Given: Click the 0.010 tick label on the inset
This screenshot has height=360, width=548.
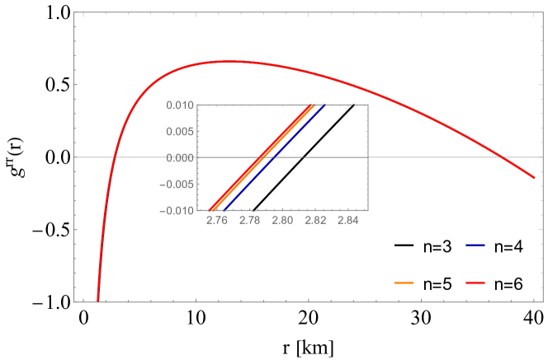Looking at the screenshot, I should click(x=178, y=105).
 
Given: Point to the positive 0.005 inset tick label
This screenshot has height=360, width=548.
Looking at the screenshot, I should click(x=178, y=131).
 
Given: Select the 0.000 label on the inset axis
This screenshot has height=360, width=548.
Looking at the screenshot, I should click(x=178, y=157).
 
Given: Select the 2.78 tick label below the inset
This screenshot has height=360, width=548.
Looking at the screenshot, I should click(x=249, y=221).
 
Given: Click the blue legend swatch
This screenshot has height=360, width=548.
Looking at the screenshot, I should click(x=475, y=245).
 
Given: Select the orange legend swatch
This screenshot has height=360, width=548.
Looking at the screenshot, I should click(x=404, y=283).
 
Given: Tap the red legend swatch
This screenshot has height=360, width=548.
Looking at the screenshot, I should click(x=475, y=283).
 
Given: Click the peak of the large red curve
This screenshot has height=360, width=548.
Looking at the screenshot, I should click(x=227, y=61).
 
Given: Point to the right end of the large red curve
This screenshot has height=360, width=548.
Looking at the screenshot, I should click(x=534, y=177).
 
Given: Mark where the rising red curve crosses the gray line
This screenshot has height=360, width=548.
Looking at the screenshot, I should click(x=115, y=157).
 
